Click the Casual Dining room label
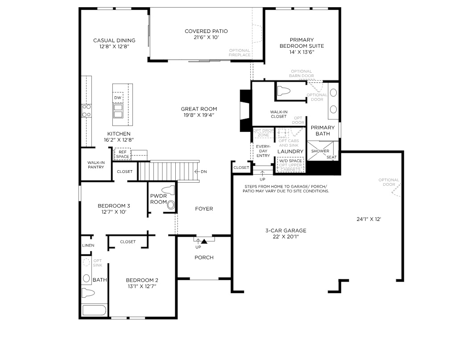(114, 41)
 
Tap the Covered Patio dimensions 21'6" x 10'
(206, 38)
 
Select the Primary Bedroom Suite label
(301, 43)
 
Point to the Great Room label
(199, 109)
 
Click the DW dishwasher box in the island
(118, 98)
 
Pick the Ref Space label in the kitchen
(123, 154)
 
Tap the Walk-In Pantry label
(96, 164)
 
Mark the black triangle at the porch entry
(204, 241)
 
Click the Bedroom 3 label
(114, 206)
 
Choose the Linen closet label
(88, 245)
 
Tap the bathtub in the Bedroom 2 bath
(94, 311)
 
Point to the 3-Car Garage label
(286, 230)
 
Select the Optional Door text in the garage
(389, 182)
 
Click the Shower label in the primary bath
(320, 151)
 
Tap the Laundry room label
(290, 151)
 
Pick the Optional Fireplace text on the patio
(239, 53)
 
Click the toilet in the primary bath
(284, 91)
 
